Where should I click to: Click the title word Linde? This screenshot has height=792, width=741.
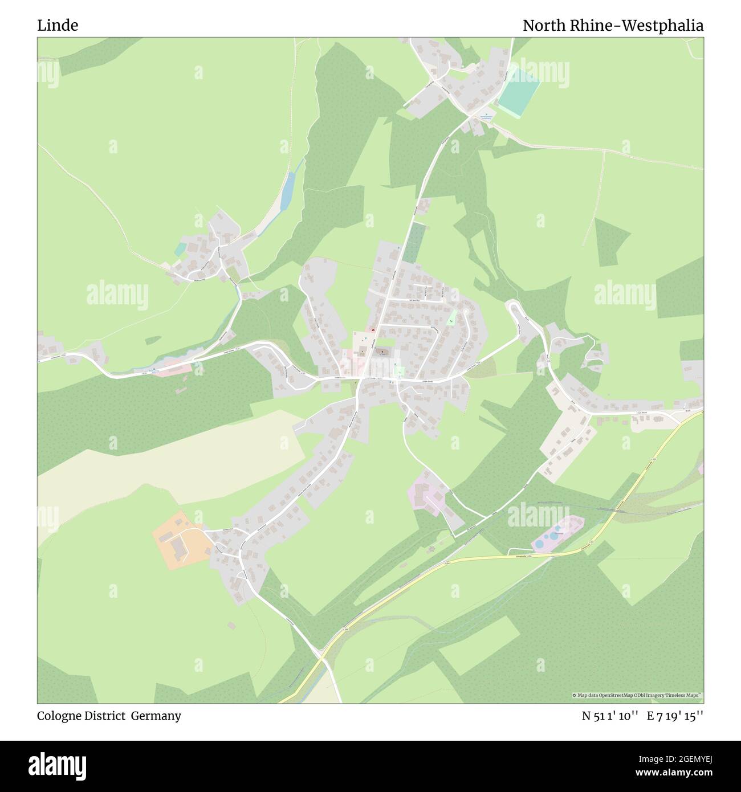(58, 26)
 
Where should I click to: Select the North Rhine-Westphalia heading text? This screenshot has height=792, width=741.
(613, 26)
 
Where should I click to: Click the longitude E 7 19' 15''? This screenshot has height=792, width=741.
(675, 716)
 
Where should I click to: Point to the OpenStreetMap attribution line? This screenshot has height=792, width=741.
(637, 695)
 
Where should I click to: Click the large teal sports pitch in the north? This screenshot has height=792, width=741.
(520, 90)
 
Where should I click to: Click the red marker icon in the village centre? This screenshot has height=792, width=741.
(373, 330)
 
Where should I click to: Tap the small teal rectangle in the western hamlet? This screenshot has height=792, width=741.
(180, 249)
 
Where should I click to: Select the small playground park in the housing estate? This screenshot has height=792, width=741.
(451, 317)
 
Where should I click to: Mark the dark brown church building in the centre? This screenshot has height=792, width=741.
(382, 353)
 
